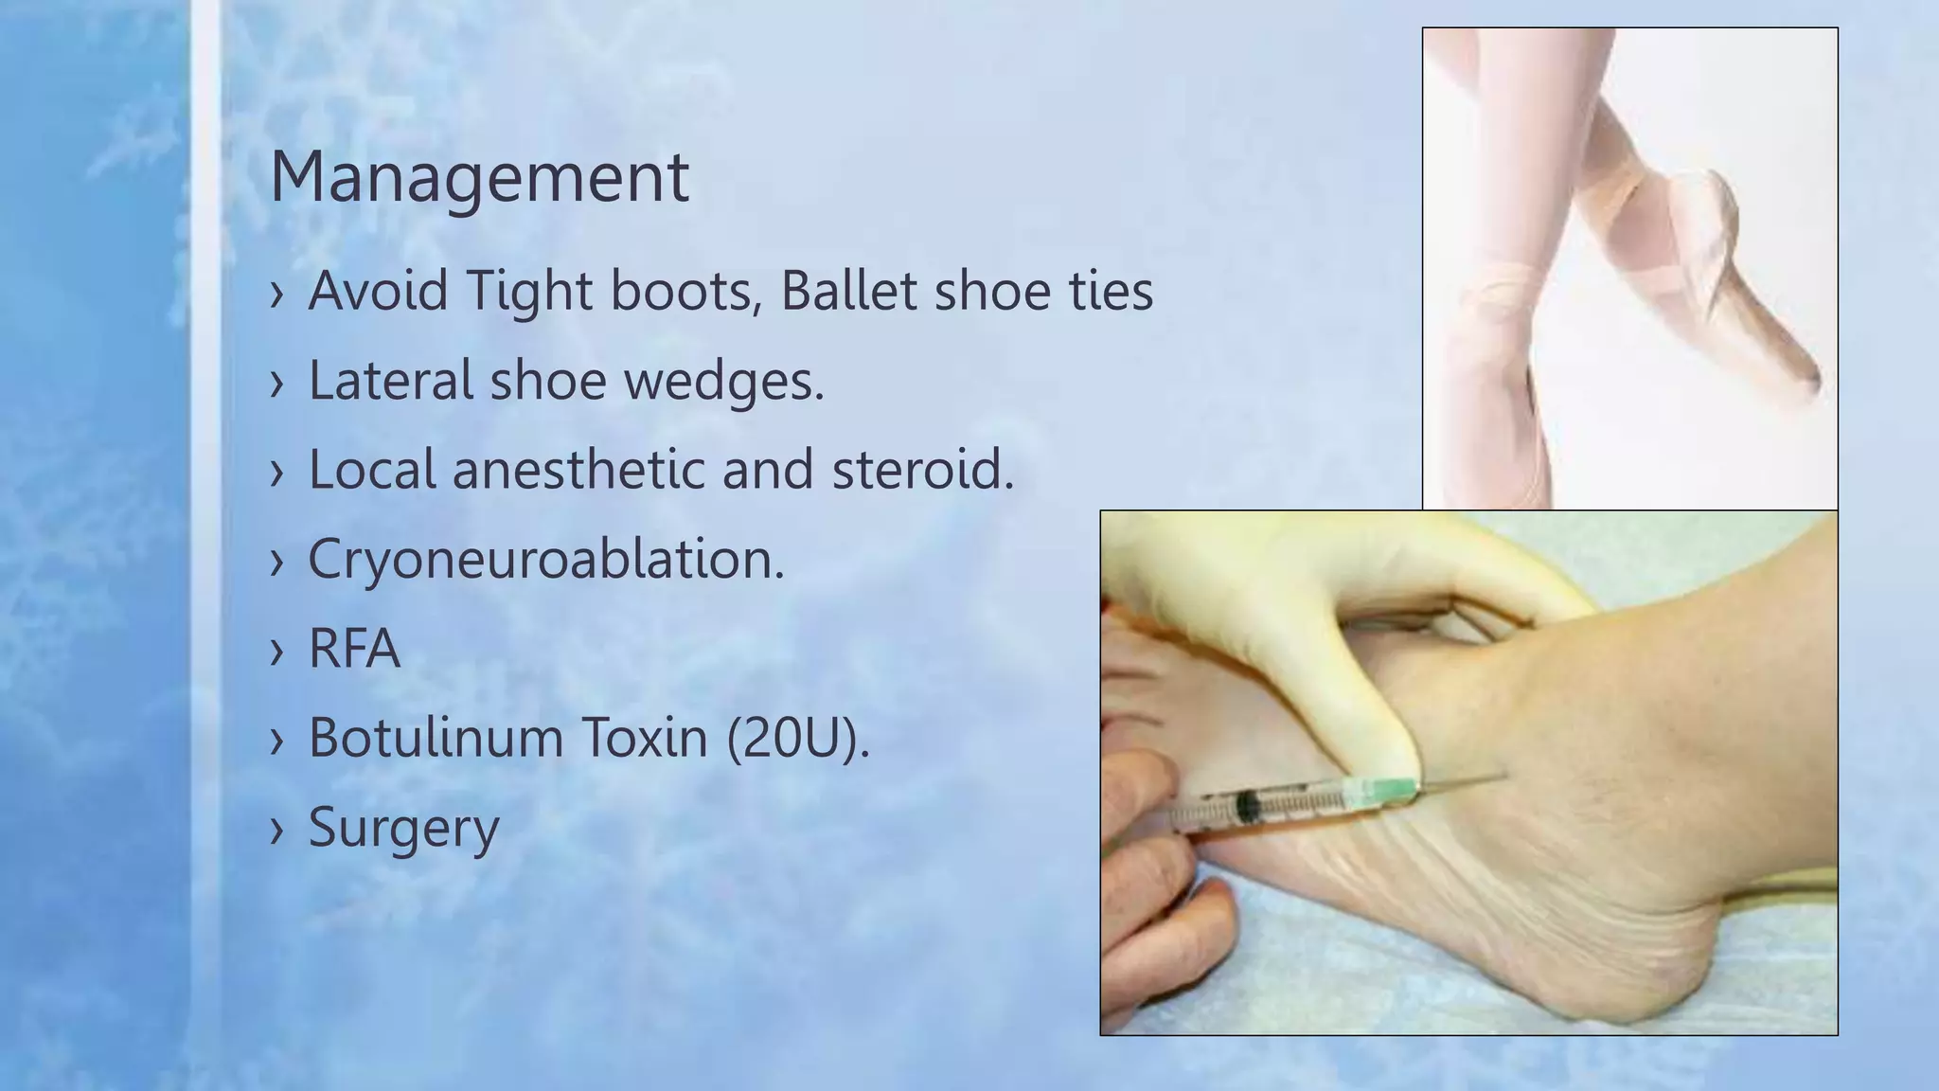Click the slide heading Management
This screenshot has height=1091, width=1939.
(479, 177)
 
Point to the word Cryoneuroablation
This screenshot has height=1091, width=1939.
(545, 559)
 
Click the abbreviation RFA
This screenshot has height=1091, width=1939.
(354, 649)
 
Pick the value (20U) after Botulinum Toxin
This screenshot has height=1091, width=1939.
(797, 738)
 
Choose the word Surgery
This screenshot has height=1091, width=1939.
(403, 828)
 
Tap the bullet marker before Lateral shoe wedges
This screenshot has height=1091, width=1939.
(276, 383)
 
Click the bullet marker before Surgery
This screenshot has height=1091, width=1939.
(276, 830)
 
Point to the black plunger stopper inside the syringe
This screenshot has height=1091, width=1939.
(1248, 808)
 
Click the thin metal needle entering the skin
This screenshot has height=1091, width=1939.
(1463, 781)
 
